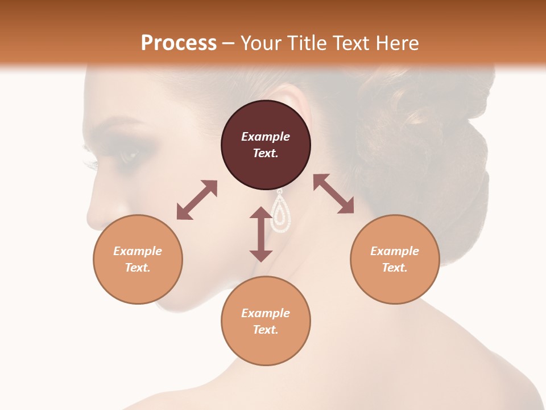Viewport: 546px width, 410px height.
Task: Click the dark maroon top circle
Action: [x=266, y=145]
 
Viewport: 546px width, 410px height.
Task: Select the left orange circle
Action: [x=138, y=259]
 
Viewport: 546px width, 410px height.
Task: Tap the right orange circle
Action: [x=395, y=259]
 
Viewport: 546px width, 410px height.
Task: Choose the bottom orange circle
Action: [x=266, y=321]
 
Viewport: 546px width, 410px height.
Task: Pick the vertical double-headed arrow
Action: [x=261, y=234]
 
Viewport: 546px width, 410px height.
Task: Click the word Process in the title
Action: [x=179, y=43]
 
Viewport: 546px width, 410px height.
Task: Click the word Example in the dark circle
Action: [x=266, y=137]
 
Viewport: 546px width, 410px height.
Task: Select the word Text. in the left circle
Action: [x=138, y=268]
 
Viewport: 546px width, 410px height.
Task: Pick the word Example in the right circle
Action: [x=395, y=251]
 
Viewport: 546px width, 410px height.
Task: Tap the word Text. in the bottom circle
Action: [x=266, y=330]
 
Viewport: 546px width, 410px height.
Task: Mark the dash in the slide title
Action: [x=228, y=43]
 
